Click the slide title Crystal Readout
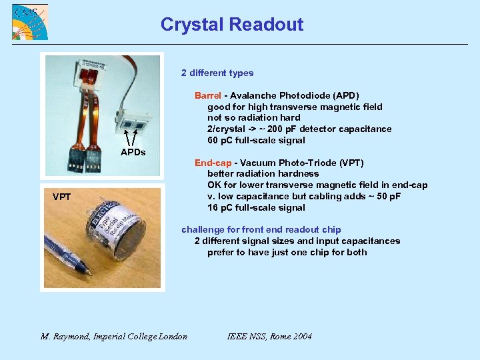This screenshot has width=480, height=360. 231,25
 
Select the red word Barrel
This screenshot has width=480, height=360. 207,95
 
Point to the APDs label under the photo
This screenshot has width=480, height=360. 133,153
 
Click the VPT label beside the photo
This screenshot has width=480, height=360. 62,197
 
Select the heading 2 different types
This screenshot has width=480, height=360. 217,73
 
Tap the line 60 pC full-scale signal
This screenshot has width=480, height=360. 256,140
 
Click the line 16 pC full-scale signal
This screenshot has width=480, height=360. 256,207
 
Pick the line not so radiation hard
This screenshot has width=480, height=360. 253,117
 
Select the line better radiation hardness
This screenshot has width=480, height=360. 263,173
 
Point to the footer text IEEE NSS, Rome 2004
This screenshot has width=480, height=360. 269,337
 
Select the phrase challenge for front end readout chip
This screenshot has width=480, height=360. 261,229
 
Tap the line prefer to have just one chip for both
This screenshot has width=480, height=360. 287,252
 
